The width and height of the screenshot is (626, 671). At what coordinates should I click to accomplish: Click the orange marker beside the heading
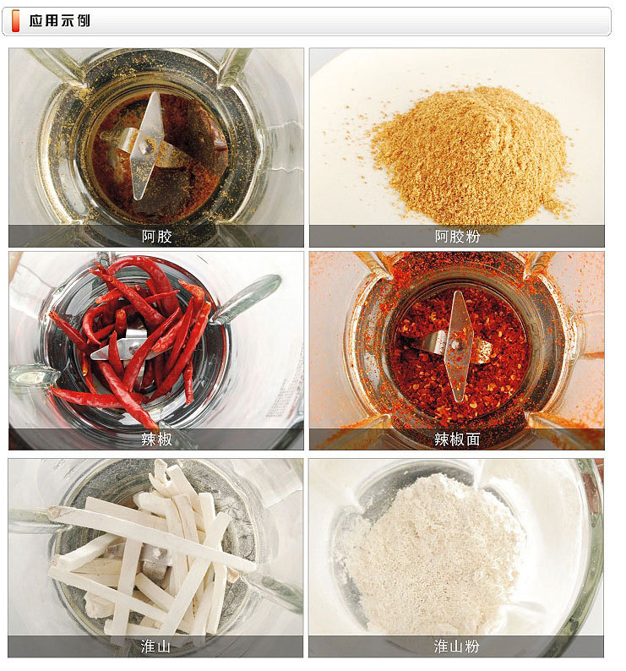[16, 21]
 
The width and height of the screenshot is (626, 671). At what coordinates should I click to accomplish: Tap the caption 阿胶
[156, 237]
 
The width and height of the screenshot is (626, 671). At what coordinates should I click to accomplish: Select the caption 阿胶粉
[457, 237]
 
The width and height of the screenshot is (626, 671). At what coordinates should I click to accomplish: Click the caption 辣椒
[156, 439]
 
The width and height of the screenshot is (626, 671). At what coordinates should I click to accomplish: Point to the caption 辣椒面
[457, 439]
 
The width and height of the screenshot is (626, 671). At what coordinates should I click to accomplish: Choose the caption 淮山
[156, 646]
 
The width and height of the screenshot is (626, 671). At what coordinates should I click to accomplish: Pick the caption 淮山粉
[457, 646]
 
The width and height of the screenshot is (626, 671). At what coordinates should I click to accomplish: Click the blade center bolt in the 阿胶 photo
[148, 145]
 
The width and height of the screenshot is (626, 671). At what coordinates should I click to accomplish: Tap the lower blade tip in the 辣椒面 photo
[455, 393]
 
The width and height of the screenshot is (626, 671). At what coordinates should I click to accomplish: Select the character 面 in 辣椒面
[472, 439]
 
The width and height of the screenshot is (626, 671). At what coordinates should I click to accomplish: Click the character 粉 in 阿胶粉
[472, 237]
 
